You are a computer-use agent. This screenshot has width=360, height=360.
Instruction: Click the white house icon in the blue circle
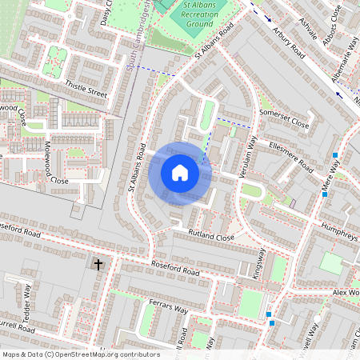click(x=180, y=173)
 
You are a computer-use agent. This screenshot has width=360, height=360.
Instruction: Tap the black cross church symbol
click(x=98, y=263)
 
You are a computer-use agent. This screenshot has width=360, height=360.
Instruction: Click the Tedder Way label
click(x=27, y=297)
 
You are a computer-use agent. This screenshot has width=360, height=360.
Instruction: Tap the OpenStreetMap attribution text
click(x=80, y=354)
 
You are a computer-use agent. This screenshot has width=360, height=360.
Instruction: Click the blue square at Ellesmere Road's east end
click(x=336, y=155)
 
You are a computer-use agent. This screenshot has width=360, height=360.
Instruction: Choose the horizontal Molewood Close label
click(x=48, y=181)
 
